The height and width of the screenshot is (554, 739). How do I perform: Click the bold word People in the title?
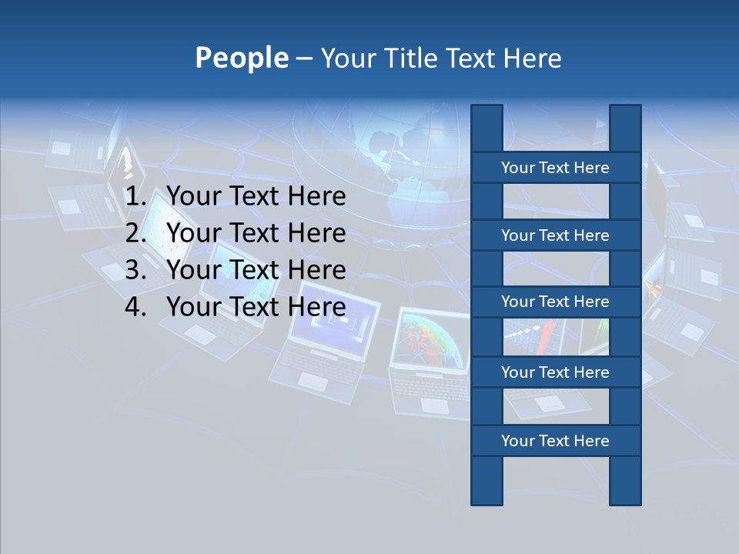tap(241, 58)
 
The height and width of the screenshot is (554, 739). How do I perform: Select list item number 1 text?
tap(256, 197)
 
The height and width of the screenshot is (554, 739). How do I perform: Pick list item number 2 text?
tap(256, 233)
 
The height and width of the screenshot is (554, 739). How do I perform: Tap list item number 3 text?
tap(256, 270)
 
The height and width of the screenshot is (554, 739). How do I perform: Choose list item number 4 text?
tap(256, 307)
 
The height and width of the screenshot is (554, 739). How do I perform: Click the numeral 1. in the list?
tap(135, 197)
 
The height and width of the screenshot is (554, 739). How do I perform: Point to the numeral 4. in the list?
tap(135, 307)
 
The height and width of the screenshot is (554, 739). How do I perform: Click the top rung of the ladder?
tap(555, 168)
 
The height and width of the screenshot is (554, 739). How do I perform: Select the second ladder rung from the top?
tap(555, 235)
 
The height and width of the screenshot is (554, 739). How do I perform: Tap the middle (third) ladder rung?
tap(555, 302)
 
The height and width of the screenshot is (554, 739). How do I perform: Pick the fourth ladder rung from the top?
tap(555, 372)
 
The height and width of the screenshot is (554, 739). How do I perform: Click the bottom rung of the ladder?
tap(555, 441)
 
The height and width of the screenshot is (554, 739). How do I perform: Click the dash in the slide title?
tap(303, 58)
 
